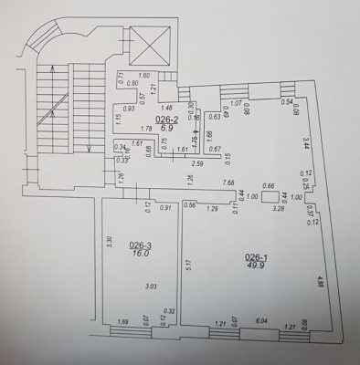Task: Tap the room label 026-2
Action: tap(164, 120)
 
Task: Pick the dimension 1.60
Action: tap(143, 76)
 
